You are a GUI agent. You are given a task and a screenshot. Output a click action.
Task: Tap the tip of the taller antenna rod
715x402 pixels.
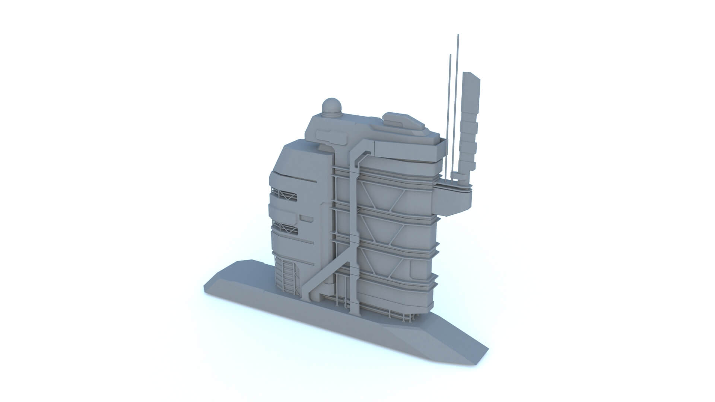pyautogui.click(x=458, y=35)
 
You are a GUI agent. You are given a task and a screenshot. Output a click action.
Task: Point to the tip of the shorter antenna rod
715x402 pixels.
pyautogui.click(x=450, y=55)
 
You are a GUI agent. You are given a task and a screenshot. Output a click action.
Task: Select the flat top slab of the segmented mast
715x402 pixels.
pyautogui.click(x=471, y=76)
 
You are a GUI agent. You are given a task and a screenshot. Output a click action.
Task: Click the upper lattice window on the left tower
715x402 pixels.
pyautogui.click(x=285, y=195)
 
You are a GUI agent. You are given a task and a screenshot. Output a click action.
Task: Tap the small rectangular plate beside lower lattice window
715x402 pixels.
pyautogui.click(x=307, y=218)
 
